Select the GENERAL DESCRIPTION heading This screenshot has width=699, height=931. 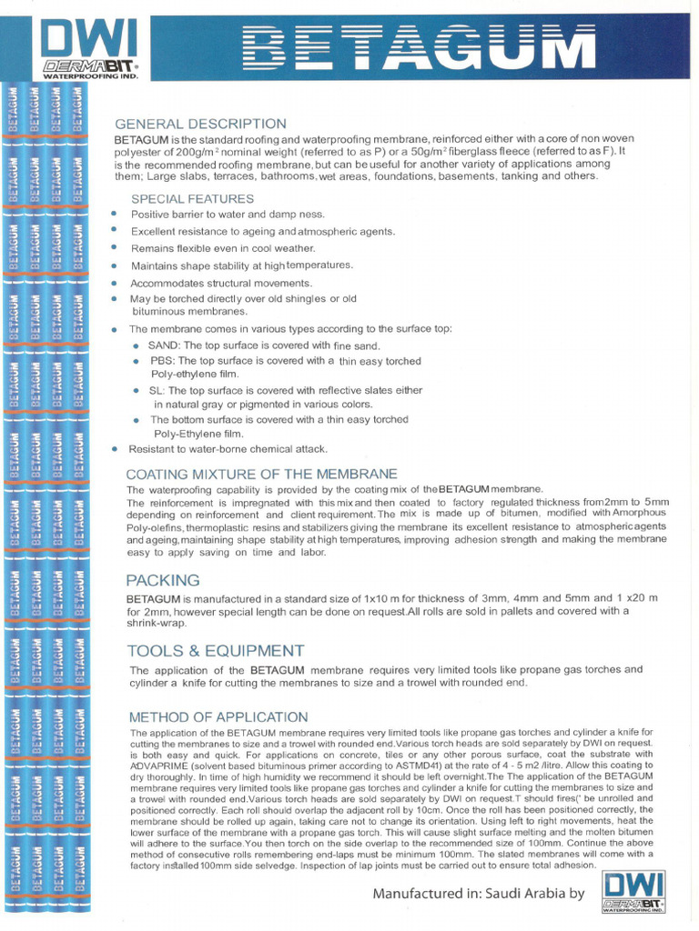point(200,124)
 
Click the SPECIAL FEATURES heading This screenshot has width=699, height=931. point(193,198)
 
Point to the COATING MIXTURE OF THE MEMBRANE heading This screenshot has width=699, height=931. point(261,474)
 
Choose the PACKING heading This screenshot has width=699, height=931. point(163,579)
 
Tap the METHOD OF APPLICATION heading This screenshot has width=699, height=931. point(218,716)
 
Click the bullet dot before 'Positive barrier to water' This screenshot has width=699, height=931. point(114,214)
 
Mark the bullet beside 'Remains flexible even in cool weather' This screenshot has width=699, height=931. point(114,247)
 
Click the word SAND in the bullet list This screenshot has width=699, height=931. point(163,345)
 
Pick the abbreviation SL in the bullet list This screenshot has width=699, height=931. point(157,390)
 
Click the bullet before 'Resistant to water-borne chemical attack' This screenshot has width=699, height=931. point(114,448)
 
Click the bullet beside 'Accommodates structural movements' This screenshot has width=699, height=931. point(114,283)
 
